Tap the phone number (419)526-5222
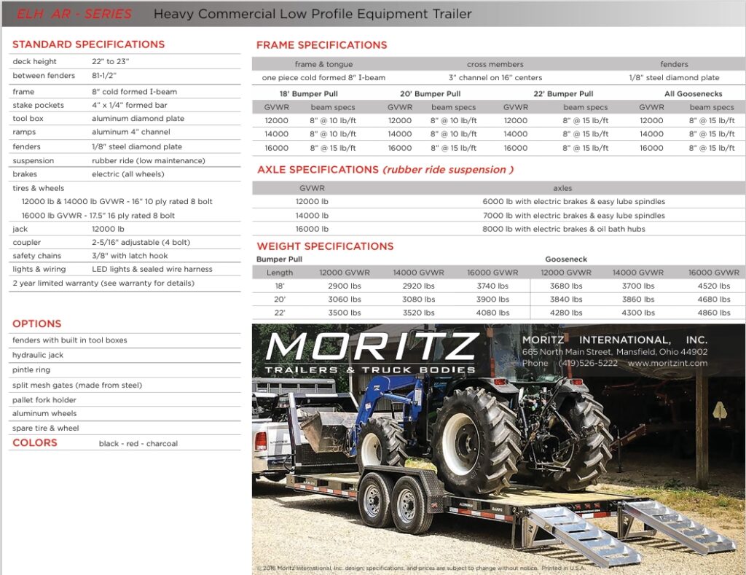588,363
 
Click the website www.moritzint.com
667,363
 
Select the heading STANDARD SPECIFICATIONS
88,44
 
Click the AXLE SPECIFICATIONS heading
318,170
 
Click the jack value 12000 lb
108,229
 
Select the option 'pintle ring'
32,370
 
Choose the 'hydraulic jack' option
38,355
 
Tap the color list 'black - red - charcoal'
138,443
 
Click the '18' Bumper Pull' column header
308,94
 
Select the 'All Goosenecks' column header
693,94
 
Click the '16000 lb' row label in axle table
312,229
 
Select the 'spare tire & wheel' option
46,428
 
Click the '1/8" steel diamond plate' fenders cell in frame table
674,78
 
